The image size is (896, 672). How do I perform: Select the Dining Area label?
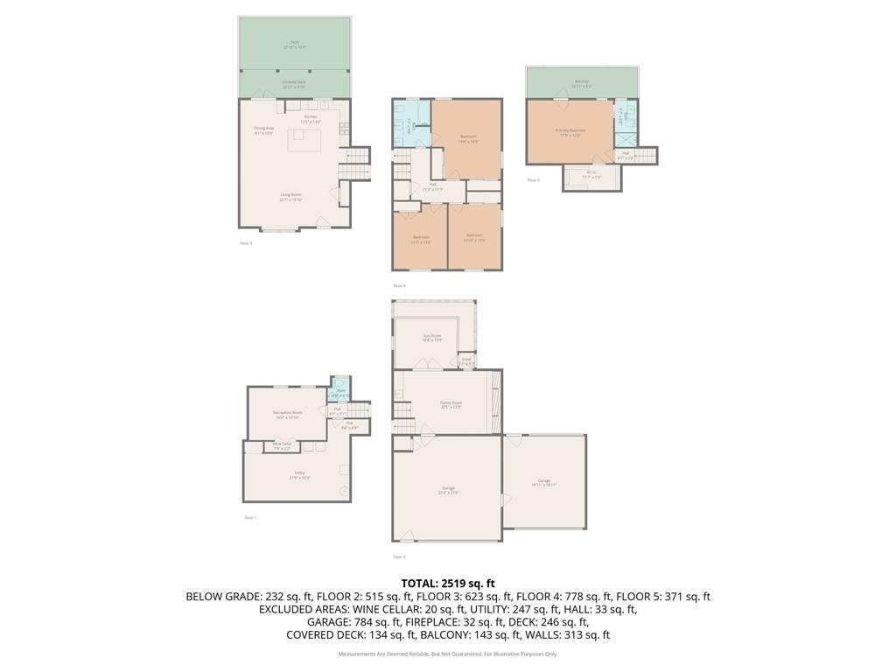point(264,130)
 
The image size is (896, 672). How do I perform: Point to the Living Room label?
point(290,197)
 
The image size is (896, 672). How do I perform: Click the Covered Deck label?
point(294,84)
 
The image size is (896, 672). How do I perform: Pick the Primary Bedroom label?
point(570,132)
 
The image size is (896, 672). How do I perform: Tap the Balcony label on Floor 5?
point(581,83)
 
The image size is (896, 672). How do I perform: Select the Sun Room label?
point(432,337)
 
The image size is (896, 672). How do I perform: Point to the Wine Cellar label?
point(282,446)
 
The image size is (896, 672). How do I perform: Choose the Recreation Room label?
point(287,415)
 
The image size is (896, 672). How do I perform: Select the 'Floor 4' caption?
point(399,286)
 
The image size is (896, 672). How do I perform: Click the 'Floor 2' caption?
point(399,556)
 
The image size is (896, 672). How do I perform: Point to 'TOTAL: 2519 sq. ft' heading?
point(448,583)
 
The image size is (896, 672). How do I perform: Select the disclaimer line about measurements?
point(448,654)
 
